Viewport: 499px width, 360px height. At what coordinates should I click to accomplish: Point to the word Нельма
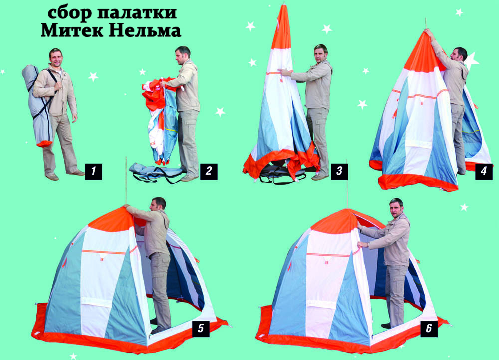point(146,30)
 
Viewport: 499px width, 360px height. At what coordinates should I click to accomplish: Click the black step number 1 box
point(94,172)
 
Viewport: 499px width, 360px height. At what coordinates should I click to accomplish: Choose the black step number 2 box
point(209,172)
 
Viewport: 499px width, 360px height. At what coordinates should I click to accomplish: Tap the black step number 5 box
point(201,329)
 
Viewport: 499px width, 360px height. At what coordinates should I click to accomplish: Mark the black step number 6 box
point(429,329)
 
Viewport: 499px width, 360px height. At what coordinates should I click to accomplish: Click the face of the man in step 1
point(56,59)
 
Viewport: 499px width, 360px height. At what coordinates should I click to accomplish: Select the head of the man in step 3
point(320,54)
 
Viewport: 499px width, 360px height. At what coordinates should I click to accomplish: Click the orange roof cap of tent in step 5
point(111,219)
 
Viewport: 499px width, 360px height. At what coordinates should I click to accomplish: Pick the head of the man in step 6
point(397,208)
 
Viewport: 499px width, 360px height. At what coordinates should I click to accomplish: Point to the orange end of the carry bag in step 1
point(44,144)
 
